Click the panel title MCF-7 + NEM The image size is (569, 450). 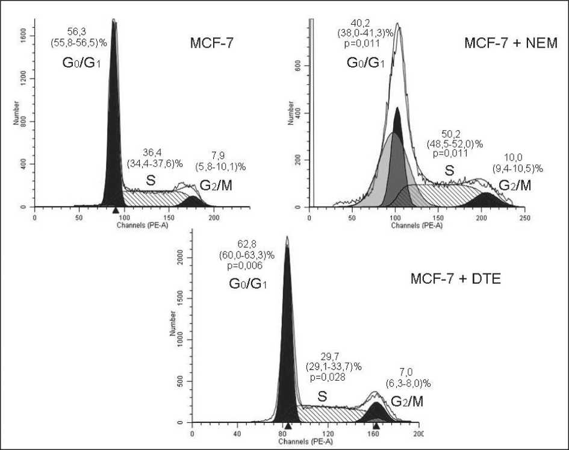click(511, 43)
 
